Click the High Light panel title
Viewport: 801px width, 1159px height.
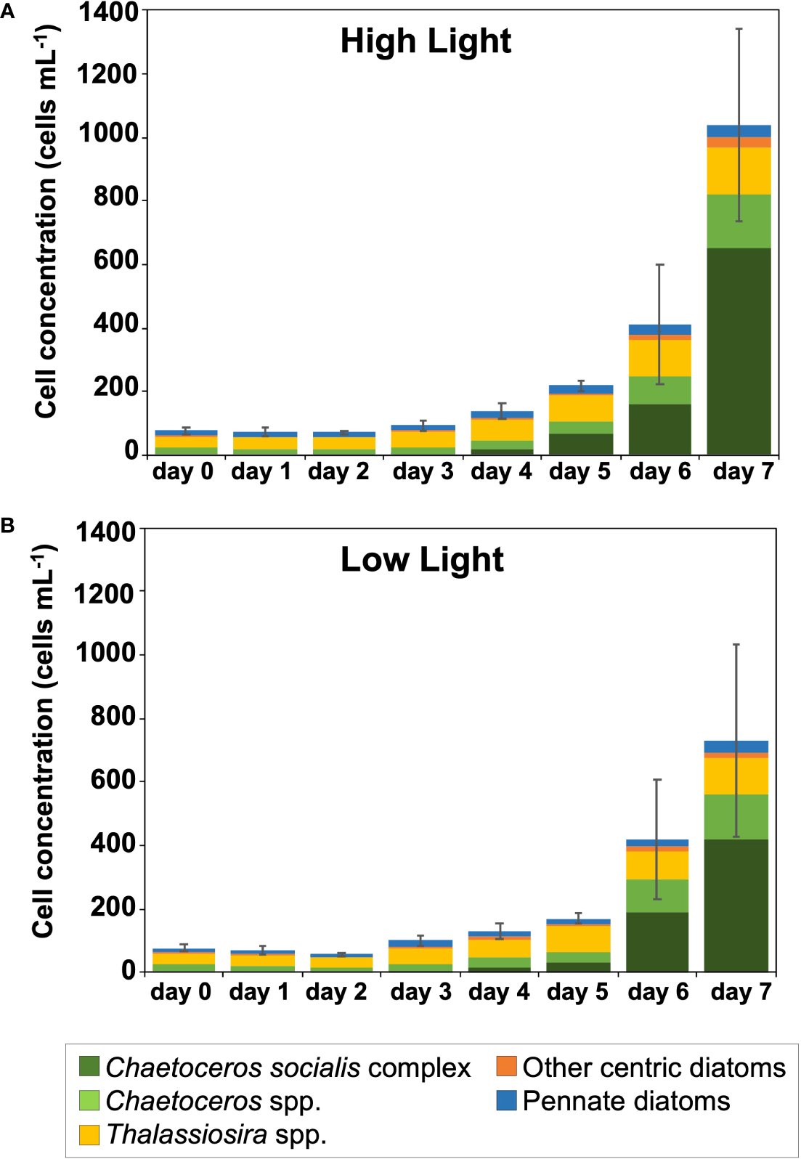click(426, 41)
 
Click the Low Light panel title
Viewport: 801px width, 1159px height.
click(422, 560)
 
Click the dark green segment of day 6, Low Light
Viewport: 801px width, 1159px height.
click(656, 941)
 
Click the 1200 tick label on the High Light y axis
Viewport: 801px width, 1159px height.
click(107, 73)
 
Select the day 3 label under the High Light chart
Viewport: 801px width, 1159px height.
click(423, 471)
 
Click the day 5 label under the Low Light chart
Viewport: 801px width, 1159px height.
click(577, 991)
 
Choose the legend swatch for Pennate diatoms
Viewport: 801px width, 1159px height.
click(506, 1100)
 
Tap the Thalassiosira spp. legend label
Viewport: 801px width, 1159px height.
click(216, 1134)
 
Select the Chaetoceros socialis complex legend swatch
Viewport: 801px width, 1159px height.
click(89, 1067)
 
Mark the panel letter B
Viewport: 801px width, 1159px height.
click(7, 525)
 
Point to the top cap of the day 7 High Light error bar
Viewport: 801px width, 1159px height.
click(739, 29)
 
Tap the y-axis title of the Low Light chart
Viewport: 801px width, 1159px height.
click(44, 741)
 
